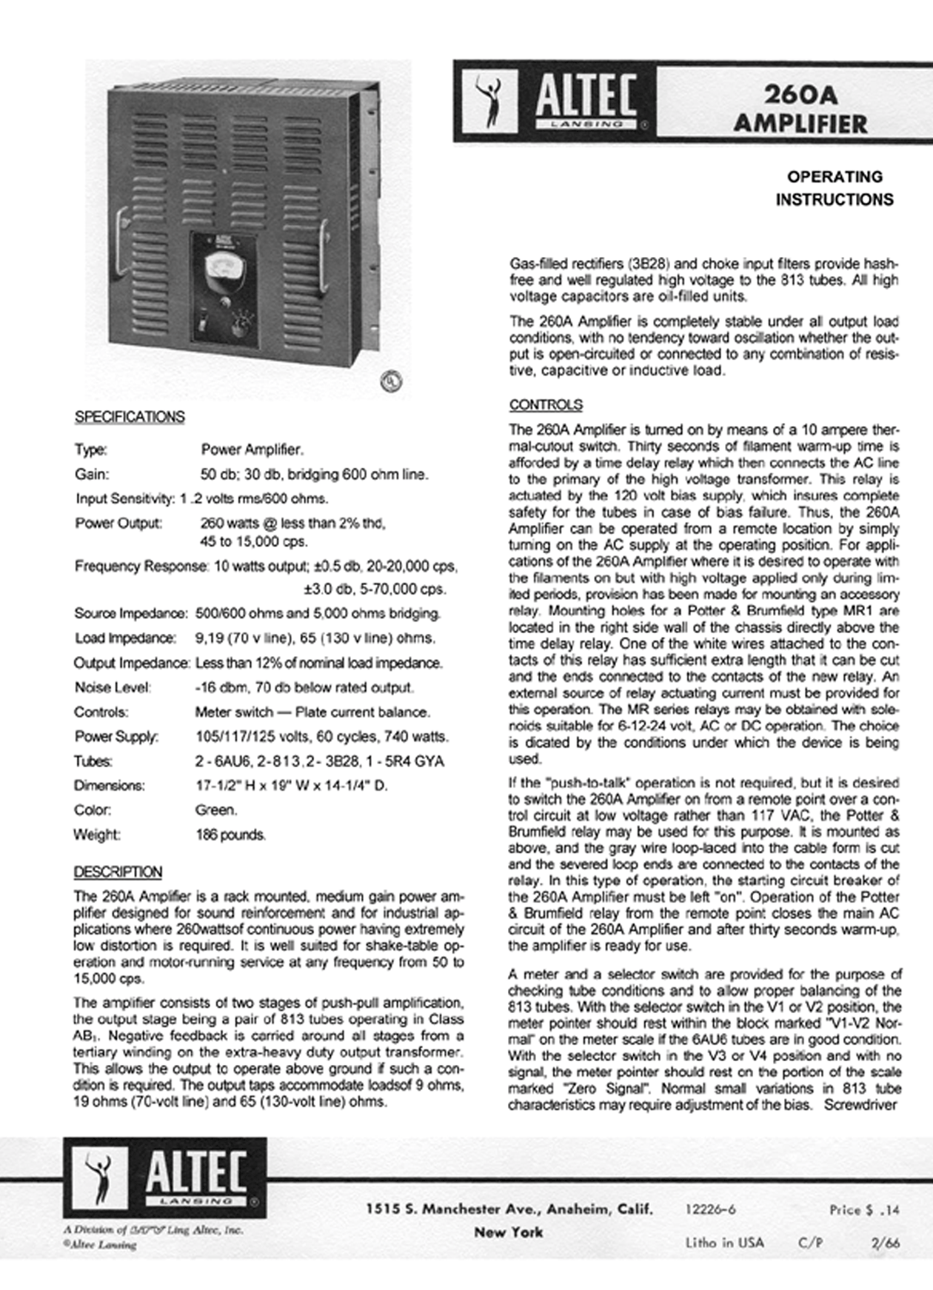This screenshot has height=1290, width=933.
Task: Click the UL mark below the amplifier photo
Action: (391, 381)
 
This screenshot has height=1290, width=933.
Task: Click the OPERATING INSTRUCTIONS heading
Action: (835, 188)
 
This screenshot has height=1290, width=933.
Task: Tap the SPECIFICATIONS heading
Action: (130, 417)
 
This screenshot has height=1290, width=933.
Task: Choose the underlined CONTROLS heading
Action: (546, 405)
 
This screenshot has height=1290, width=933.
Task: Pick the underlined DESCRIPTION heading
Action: (118, 872)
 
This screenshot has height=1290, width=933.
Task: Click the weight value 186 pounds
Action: (230, 835)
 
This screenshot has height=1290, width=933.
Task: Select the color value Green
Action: (216, 810)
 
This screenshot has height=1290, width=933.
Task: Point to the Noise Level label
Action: (113, 687)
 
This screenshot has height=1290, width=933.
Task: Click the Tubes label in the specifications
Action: (93, 761)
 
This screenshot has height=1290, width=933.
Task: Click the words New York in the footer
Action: (509, 1232)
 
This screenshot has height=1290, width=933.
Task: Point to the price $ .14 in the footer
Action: (864, 1210)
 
